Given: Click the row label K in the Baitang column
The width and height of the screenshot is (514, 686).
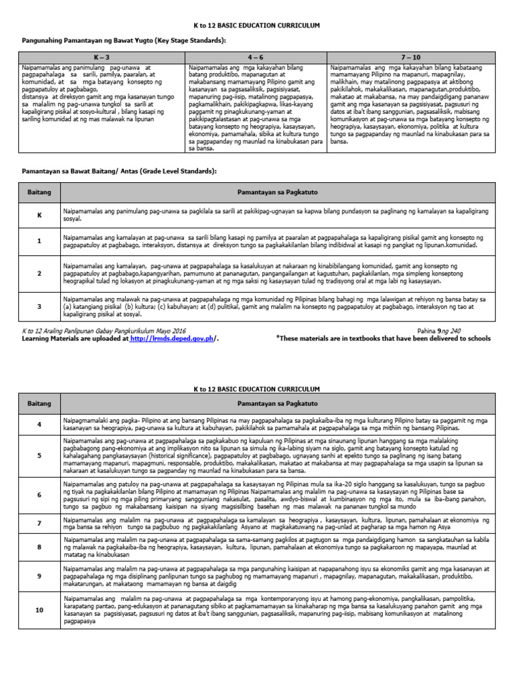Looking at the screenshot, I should [x=39, y=215].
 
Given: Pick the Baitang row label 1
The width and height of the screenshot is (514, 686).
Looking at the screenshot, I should [x=39, y=241].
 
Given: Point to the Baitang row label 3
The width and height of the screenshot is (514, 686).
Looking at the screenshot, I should [x=39, y=306].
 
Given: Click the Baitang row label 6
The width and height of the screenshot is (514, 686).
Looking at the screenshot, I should [x=39, y=494].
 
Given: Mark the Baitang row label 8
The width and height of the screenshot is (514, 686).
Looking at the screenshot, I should [x=39, y=547].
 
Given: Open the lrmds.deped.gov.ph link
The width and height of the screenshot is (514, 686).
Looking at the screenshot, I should [x=172, y=339].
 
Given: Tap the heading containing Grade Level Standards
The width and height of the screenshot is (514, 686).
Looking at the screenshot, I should [x=118, y=171].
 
